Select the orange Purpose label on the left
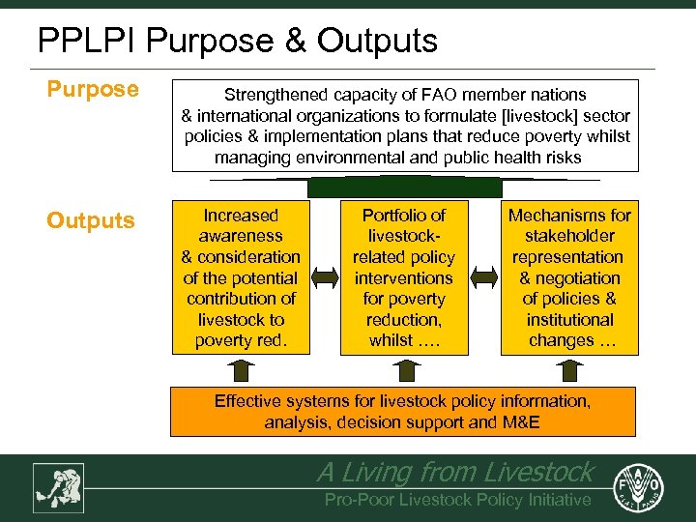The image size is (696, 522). [93, 90]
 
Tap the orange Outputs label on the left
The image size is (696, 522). [91, 221]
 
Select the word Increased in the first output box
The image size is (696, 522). [241, 216]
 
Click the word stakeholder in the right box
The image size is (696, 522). [569, 236]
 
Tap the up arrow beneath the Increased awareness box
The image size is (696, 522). [242, 370]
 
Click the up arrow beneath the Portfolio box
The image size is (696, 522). [403, 370]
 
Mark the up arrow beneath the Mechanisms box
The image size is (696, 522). [568, 370]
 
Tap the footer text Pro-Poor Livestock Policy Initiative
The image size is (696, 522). [457, 500]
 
